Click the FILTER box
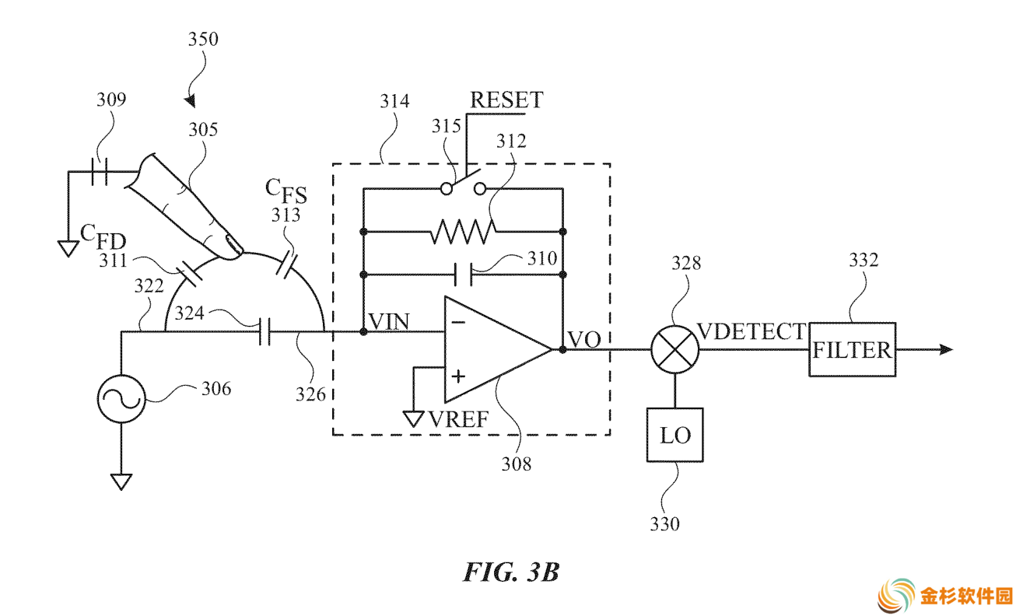click(x=852, y=349)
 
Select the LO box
click(x=675, y=435)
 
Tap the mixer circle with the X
click(x=675, y=349)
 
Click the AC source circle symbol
click(x=121, y=399)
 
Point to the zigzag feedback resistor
click(x=463, y=232)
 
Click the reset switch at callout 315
click(x=463, y=184)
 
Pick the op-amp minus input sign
click(x=458, y=322)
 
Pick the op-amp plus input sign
click(x=458, y=376)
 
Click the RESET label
click(x=506, y=100)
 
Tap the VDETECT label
click(x=752, y=331)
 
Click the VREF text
click(x=458, y=418)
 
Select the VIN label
click(x=389, y=321)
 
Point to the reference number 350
click(x=203, y=39)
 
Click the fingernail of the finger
click(x=234, y=244)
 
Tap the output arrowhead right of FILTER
click(x=946, y=349)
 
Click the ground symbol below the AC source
click(x=121, y=482)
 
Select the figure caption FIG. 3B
click(x=512, y=571)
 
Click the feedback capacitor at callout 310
click(x=464, y=275)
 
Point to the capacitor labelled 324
click(x=265, y=332)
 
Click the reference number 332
click(x=864, y=260)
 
